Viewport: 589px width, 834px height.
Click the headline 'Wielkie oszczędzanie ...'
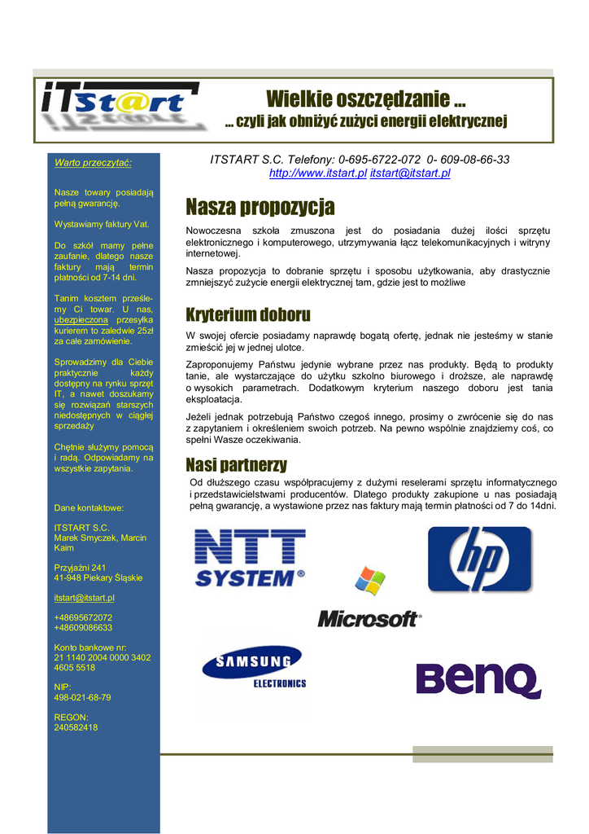pos(366,100)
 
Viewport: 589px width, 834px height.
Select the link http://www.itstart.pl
pos(318,173)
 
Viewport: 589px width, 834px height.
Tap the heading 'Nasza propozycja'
pos(260,207)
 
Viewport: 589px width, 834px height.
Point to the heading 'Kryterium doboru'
pos(248,314)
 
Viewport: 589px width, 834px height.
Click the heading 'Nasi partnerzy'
pos(236,465)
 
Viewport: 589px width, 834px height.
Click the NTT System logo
pos(250,558)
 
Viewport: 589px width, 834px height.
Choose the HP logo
pos(480,559)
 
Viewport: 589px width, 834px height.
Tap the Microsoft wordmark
pos(369,619)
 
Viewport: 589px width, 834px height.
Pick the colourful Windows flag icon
pos(370,582)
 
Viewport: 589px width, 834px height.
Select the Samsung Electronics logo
pos(253,668)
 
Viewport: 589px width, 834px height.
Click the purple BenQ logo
pos(478,680)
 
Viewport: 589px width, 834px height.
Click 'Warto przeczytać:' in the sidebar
pos(93,163)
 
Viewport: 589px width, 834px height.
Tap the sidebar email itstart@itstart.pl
pos(85,598)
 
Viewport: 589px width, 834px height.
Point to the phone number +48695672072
pos(83,617)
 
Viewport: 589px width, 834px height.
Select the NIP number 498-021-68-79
pos(82,697)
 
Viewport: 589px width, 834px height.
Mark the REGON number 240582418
pos(76,727)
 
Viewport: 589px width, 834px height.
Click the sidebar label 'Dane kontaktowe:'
pos(89,507)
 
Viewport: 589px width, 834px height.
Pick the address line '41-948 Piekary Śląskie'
pos(98,577)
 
